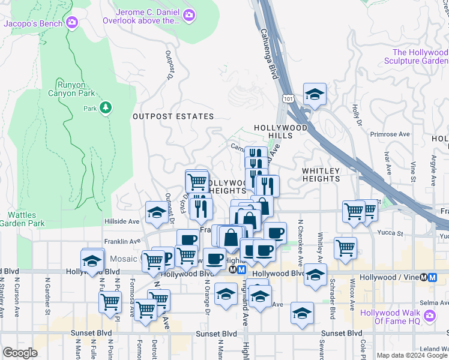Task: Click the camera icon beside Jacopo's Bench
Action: [73, 23]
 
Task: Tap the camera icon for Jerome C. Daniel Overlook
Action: [189, 14]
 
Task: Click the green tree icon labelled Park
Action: [106, 107]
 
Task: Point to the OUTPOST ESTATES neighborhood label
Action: [173, 116]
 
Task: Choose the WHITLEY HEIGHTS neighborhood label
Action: [321, 175]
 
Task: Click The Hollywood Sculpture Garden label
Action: [420, 56]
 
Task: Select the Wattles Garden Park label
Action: [26, 219]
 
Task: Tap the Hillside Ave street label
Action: [122, 221]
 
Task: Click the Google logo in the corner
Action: [20, 352]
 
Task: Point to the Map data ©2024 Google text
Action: [411, 355]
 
